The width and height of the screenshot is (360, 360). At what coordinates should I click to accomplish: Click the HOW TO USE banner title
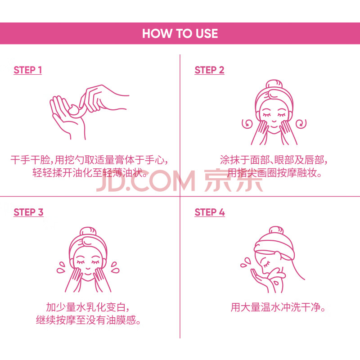click(x=180, y=33)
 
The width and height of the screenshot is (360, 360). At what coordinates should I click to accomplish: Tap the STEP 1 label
click(x=28, y=70)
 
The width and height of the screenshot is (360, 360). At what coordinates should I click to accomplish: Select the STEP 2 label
click(x=209, y=70)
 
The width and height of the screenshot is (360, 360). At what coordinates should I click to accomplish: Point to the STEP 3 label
click(x=28, y=212)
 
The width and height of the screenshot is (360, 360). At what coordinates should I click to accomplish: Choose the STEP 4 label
click(x=210, y=212)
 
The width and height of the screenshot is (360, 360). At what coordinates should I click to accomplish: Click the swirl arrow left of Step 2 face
click(x=247, y=124)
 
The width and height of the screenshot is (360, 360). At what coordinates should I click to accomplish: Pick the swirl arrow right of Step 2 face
click(x=301, y=124)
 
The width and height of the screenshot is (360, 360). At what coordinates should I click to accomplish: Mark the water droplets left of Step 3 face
click(x=61, y=267)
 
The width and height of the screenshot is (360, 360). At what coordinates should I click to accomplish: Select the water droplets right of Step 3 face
click(x=115, y=267)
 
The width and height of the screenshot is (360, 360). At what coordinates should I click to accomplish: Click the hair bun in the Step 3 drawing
click(x=88, y=231)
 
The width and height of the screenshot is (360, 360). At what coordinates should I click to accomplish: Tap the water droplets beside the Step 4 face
click(x=246, y=263)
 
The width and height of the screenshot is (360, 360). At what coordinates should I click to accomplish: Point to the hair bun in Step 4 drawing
click(x=276, y=230)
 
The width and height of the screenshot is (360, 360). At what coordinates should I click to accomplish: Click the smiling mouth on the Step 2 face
click(x=274, y=121)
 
